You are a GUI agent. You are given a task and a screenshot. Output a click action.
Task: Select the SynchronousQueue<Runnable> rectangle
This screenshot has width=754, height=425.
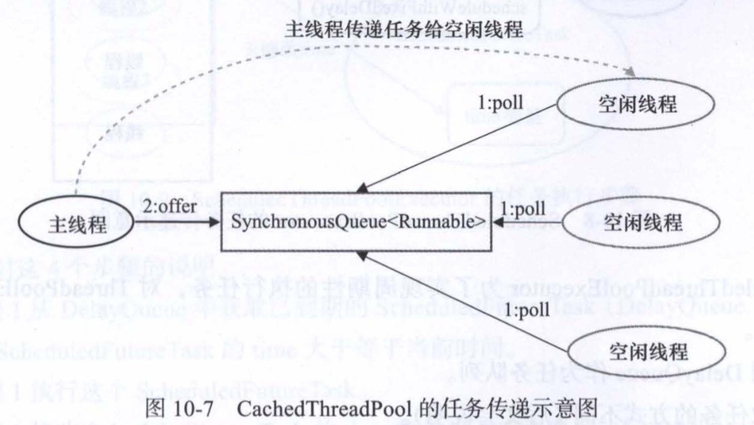point(358,223)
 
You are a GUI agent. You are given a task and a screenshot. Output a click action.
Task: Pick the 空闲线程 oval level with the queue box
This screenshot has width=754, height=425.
point(643,223)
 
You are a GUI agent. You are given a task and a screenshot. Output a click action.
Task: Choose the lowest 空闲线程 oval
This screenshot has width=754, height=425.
point(644,348)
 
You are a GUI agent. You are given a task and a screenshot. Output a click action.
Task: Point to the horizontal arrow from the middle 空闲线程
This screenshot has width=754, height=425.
point(531,224)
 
